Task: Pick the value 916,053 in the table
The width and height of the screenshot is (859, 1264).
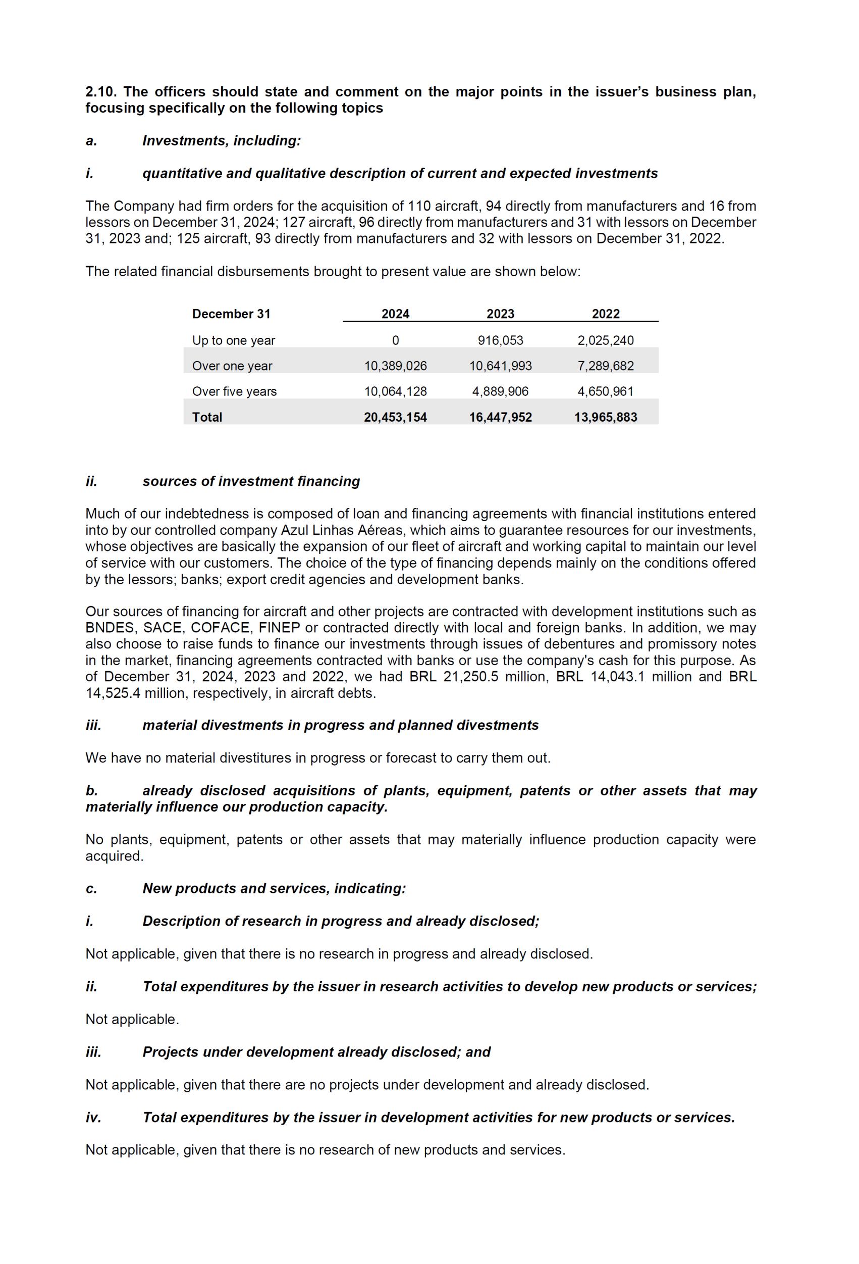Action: pyautogui.click(x=500, y=340)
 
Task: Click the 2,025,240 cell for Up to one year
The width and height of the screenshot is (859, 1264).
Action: pyautogui.click(x=606, y=340)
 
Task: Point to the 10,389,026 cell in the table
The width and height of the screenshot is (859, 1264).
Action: pyautogui.click(x=395, y=366)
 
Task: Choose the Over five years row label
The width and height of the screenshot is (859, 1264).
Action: pyautogui.click(x=234, y=391)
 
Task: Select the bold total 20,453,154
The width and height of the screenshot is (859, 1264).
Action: pyautogui.click(x=395, y=417)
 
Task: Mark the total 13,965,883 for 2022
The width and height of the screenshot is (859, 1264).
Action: pyautogui.click(x=606, y=417)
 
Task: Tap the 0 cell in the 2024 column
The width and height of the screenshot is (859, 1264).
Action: pyautogui.click(x=395, y=340)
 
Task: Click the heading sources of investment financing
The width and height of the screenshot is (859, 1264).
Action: pyautogui.click(x=251, y=481)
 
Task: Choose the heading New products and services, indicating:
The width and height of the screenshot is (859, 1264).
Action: pyautogui.click(x=274, y=888)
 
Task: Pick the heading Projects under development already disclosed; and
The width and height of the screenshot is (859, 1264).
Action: pyautogui.click(x=316, y=1052)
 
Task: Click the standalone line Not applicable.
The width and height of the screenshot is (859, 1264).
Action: pyautogui.click(x=132, y=1019)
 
